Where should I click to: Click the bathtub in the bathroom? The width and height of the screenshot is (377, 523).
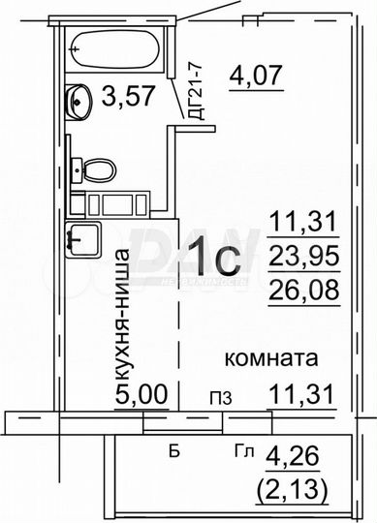[115, 45]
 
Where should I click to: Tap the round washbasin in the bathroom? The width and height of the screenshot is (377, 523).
[77, 98]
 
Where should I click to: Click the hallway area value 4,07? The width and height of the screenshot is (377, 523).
[255, 73]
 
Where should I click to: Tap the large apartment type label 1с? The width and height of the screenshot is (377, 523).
[214, 259]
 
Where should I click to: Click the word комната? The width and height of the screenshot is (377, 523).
[272, 358]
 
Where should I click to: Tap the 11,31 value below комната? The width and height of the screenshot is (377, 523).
[301, 394]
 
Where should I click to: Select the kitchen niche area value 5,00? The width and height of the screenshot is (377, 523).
[141, 394]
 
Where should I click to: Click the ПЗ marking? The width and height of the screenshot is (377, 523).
[219, 397]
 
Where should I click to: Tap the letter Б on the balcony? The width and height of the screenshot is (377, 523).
[174, 451]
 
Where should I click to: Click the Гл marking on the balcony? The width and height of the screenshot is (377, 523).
[244, 451]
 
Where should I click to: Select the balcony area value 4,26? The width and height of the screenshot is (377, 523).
[301, 452]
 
